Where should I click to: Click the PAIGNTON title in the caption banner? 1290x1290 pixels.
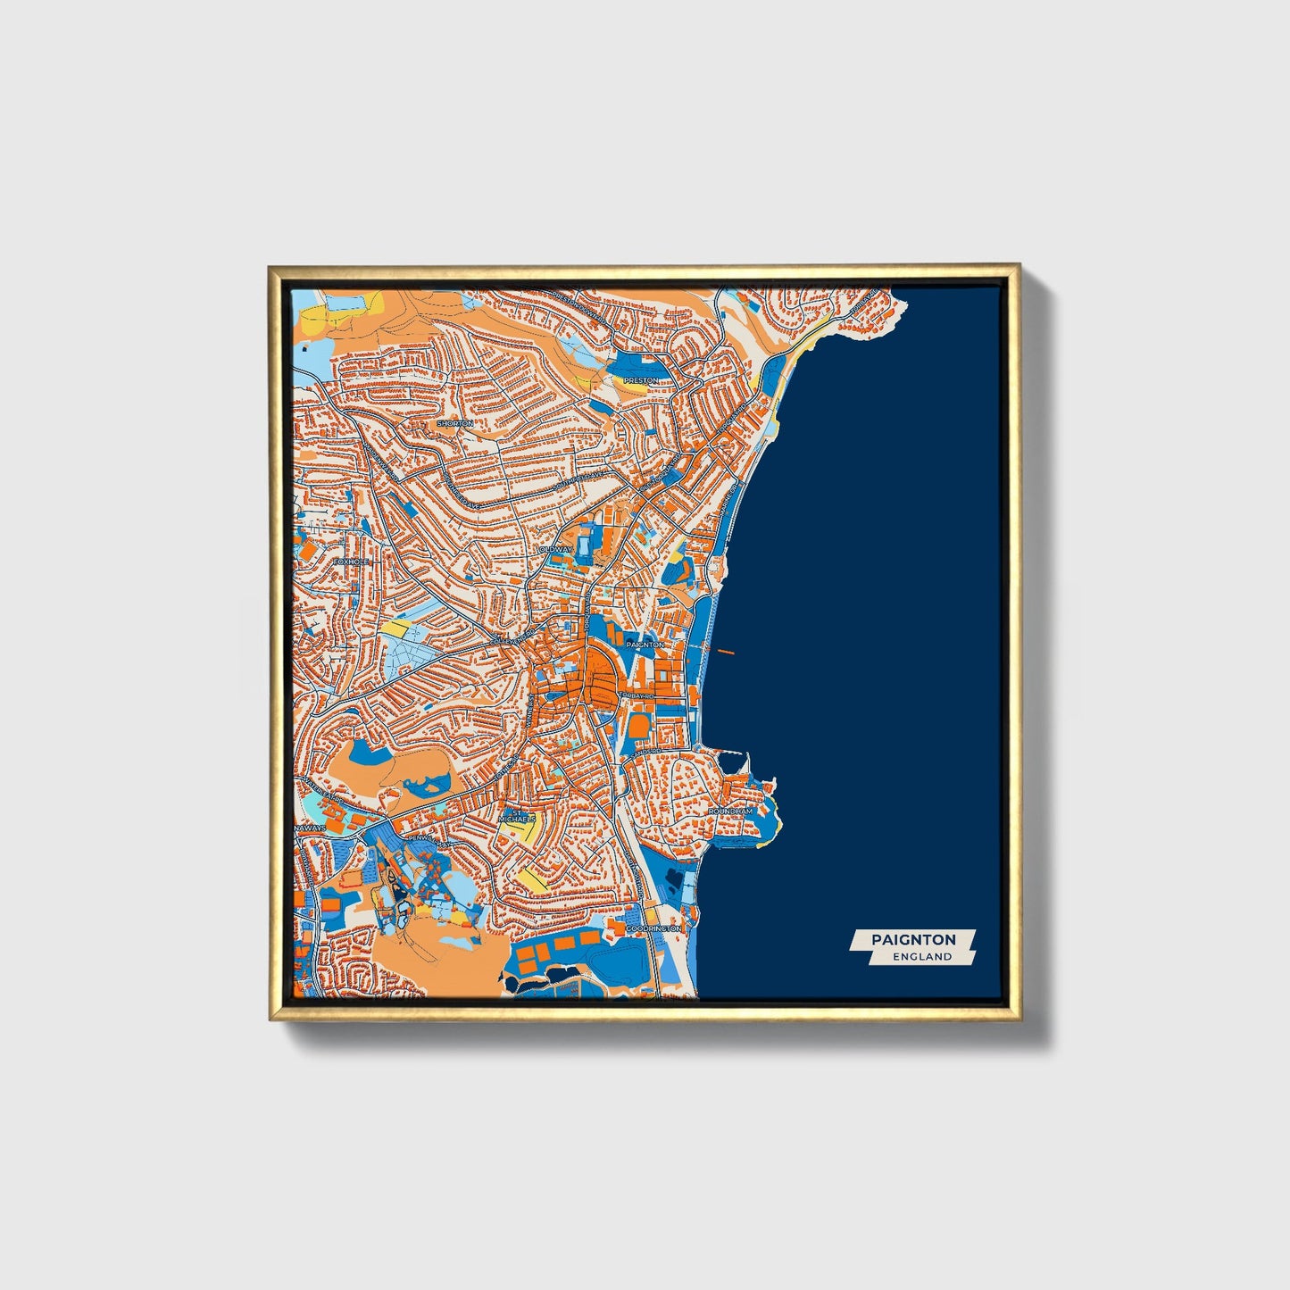pos(913,939)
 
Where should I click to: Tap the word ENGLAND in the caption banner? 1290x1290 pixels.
pos(922,956)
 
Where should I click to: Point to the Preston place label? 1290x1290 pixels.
pos(640,380)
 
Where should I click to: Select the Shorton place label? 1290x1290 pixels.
pos(454,423)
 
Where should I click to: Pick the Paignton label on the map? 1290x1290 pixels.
pos(645,644)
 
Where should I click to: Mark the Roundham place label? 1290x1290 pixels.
pos(731,811)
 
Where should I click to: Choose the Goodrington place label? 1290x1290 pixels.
pos(653,928)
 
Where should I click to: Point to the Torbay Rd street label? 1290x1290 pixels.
pos(636,695)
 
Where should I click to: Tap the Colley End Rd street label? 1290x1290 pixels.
pos(509,642)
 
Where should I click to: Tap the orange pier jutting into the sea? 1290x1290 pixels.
pos(724,651)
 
